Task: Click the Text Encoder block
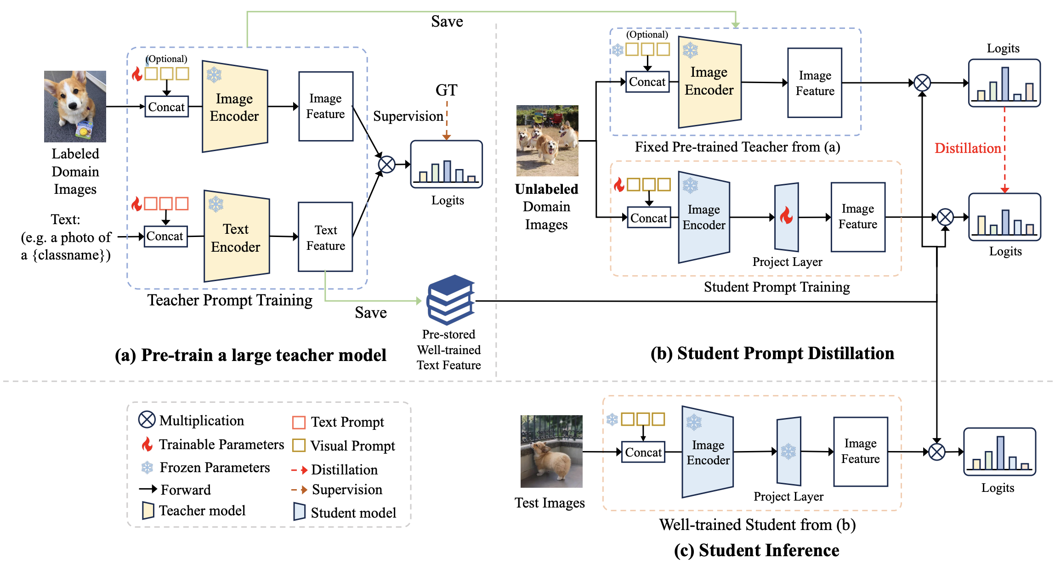tap(237, 236)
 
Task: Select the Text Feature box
tap(325, 237)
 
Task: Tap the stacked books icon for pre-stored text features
tap(450, 299)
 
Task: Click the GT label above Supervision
tap(446, 90)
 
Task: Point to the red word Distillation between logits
tap(968, 148)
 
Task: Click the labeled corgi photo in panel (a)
tap(75, 106)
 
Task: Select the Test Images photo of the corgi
tap(551, 451)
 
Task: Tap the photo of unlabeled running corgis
tap(547, 141)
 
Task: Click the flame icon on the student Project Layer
tap(786, 215)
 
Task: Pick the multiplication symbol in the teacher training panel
tap(386, 164)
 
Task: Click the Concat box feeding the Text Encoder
tap(165, 237)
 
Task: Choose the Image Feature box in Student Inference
tap(861, 451)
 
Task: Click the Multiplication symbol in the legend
tap(147, 419)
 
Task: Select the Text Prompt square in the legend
tap(299, 422)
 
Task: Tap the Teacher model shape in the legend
tap(148, 510)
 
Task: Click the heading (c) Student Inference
tap(756, 550)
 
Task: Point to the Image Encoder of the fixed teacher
tap(709, 82)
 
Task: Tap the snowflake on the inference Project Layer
tap(788, 451)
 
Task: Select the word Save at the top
tap(447, 22)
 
